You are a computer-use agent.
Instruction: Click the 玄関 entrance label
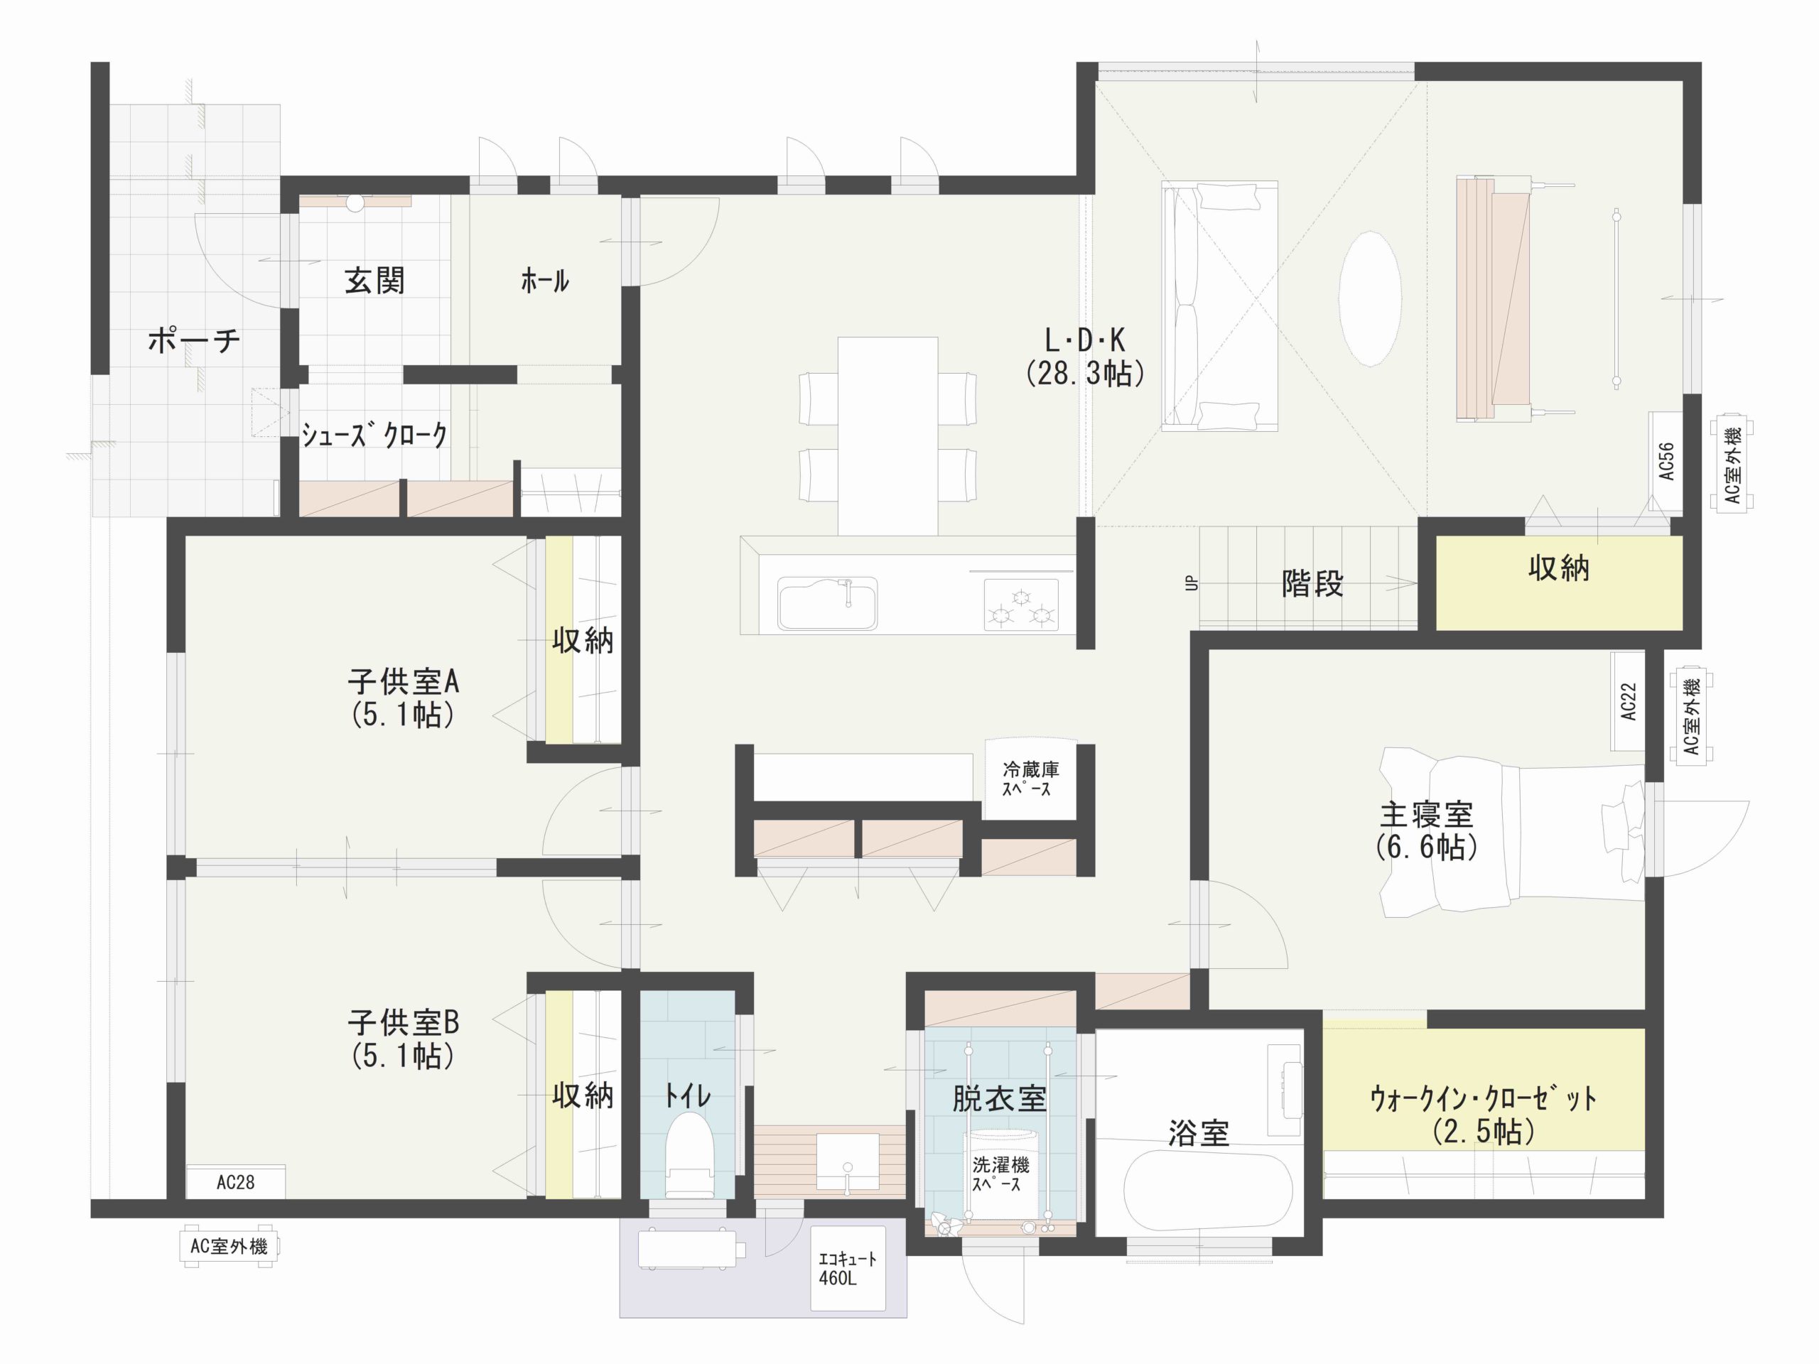click(374, 281)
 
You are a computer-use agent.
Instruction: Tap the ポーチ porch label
click(194, 340)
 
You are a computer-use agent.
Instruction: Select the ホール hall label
click(544, 281)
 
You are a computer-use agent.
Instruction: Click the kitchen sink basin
click(827, 603)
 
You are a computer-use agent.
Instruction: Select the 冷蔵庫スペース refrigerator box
click(1030, 779)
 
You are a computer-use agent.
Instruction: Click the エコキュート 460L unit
click(848, 1268)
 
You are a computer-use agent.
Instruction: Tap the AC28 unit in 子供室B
click(235, 1182)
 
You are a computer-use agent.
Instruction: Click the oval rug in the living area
click(1369, 298)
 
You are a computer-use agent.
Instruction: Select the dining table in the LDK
click(887, 435)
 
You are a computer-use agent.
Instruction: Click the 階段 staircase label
click(1312, 584)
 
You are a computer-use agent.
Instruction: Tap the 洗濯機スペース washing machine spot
click(999, 1174)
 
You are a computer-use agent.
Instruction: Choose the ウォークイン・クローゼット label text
click(1483, 1099)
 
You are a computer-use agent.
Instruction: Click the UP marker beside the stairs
click(1192, 583)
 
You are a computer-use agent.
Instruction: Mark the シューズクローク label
click(374, 434)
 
